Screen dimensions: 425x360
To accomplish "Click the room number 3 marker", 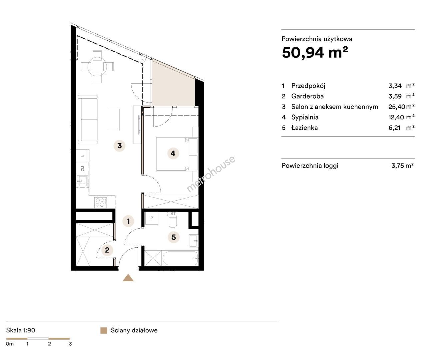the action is [119, 146].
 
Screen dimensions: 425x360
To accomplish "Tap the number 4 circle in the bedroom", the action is [173, 153].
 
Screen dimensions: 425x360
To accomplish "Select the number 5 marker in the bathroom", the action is [174, 237].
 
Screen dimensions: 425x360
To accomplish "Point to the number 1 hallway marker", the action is [128, 221].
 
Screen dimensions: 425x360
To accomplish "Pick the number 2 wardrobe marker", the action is [107, 250].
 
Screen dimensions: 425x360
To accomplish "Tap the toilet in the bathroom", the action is [173, 222].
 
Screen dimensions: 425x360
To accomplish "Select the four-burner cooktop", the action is [101, 202].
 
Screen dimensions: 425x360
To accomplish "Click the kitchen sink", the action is [83, 181].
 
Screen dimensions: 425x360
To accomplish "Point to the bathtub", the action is [180, 258].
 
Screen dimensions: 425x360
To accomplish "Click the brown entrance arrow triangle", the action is [128, 278].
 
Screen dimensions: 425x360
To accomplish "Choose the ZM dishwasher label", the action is [83, 169].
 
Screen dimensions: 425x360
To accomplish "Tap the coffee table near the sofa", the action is [114, 119].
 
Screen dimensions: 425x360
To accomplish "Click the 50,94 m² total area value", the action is [315, 53].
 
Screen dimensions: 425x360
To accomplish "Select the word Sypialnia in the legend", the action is [305, 117].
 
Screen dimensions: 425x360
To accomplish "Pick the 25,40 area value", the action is [397, 107].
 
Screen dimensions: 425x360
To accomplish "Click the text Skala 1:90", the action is [21, 330].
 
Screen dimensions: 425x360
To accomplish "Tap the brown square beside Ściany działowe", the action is [104, 331].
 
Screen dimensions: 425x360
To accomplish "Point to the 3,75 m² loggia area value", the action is [402, 166].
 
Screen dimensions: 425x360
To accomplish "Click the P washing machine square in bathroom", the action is [152, 218].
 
